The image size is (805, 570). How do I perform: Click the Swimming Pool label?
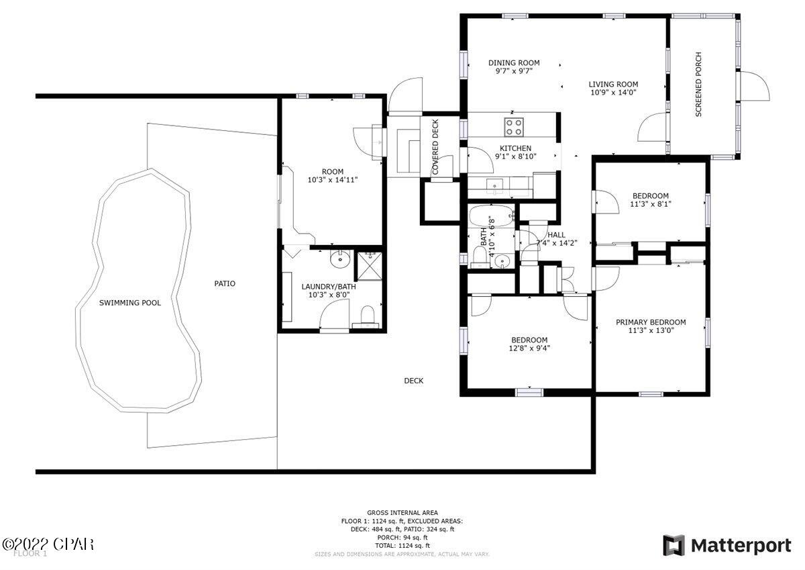coord(130,303)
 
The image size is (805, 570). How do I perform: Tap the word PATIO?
coord(225,283)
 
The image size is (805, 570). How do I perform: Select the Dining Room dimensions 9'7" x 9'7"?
coord(514,71)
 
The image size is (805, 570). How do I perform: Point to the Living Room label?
coord(613,84)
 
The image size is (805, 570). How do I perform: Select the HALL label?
coord(556,235)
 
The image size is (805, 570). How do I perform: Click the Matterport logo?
coord(727,545)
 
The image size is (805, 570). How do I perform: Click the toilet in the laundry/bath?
coord(368,315)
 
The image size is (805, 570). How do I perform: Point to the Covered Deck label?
coord(435,147)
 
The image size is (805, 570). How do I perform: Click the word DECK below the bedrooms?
coord(413,381)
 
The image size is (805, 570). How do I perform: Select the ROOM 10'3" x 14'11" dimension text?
coord(332,180)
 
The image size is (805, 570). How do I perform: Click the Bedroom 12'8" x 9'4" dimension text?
coord(529,348)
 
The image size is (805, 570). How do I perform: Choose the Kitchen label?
coord(515,148)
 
